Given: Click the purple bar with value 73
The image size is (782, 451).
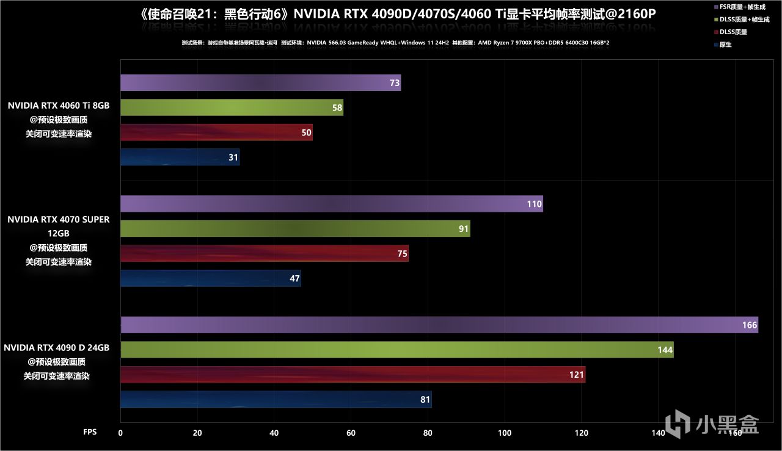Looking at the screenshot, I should click(260, 82).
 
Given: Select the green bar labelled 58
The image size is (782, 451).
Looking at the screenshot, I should click(232, 107).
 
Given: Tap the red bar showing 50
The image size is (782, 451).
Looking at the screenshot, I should click(216, 132).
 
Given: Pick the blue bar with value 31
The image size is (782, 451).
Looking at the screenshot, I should click(180, 157).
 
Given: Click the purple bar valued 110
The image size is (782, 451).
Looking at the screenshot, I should click(331, 204).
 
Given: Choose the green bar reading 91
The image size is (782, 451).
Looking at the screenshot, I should click(295, 229).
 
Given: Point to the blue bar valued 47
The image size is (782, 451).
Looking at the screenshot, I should click(210, 278).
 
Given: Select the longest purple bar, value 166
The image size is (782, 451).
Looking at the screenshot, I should click(439, 325).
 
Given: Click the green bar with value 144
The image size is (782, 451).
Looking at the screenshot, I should click(396, 350).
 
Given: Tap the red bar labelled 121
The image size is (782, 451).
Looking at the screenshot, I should click(353, 375).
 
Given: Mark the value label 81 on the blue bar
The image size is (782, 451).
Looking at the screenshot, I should click(425, 400).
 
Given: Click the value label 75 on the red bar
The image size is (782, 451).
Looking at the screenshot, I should click(402, 254).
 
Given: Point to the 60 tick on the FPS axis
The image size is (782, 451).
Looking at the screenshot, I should click(351, 433).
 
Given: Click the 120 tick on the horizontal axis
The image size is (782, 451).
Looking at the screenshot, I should click(581, 433).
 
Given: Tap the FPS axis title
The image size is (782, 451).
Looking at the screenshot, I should click(90, 431).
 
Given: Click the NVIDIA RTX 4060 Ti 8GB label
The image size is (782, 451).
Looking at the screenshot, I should click(59, 106).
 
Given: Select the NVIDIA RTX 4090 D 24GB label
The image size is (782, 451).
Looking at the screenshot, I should click(57, 348).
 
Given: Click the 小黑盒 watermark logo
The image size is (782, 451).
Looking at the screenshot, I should click(712, 424).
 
